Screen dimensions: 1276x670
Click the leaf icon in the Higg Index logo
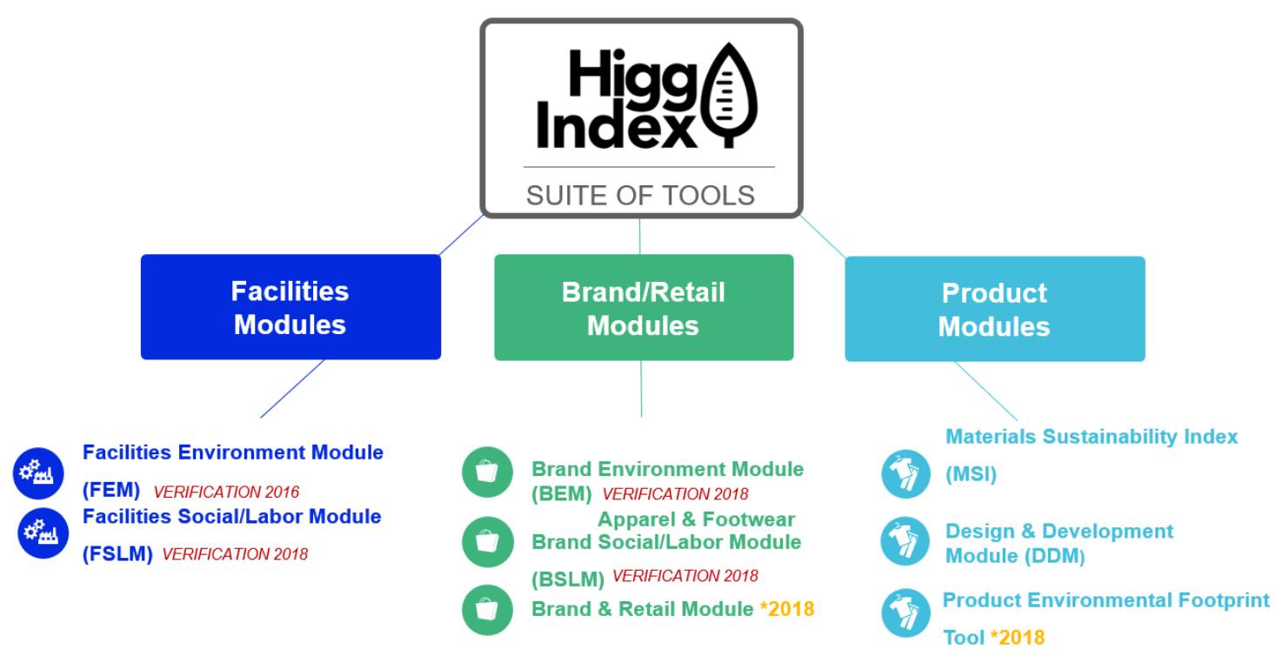[x=729, y=94]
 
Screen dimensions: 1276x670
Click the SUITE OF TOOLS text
[x=640, y=196]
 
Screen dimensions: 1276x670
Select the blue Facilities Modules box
[x=291, y=307]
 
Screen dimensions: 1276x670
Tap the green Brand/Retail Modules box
[x=644, y=308]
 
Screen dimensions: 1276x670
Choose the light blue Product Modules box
[x=994, y=309]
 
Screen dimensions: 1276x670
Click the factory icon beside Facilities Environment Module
[x=38, y=472]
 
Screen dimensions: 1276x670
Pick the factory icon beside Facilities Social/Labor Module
[x=43, y=533]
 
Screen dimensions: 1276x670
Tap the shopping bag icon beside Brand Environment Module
[x=488, y=472]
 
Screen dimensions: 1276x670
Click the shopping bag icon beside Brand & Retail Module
[x=488, y=610]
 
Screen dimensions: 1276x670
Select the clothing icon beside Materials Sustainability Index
[x=905, y=474]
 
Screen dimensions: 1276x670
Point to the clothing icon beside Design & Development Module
[x=905, y=541]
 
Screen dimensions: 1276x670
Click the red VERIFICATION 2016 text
[x=226, y=492]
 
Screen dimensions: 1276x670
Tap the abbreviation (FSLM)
[x=117, y=553]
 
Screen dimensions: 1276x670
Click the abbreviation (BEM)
[x=562, y=493]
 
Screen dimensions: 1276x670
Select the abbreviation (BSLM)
[x=568, y=580]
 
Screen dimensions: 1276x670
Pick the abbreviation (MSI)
[x=972, y=474]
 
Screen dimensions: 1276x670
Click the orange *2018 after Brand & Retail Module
[x=787, y=609]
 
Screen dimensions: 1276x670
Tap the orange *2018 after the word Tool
[x=1018, y=638]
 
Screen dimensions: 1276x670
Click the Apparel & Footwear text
[x=696, y=519]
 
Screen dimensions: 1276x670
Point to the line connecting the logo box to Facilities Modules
[x=461, y=235]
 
